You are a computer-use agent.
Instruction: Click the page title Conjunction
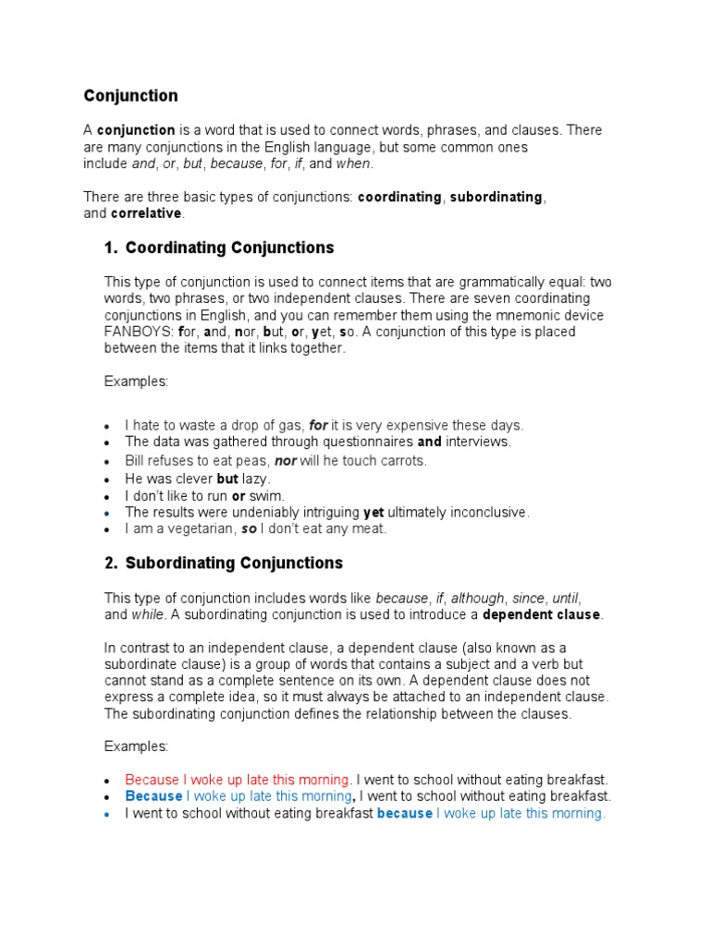(130, 96)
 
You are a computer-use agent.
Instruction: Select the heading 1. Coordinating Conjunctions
(219, 248)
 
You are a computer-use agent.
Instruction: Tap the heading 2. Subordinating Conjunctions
(223, 563)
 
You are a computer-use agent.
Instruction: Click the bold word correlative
(147, 213)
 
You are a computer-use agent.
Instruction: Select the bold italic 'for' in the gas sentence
(318, 425)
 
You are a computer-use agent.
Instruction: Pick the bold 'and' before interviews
(429, 442)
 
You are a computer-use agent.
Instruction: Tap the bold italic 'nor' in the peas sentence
(284, 460)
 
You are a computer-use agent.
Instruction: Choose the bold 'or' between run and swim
(238, 495)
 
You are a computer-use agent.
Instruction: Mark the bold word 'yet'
(373, 512)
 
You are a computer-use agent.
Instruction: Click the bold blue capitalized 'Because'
(153, 795)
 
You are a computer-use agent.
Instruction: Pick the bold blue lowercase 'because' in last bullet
(404, 813)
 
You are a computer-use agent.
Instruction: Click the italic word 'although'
(478, 598)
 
